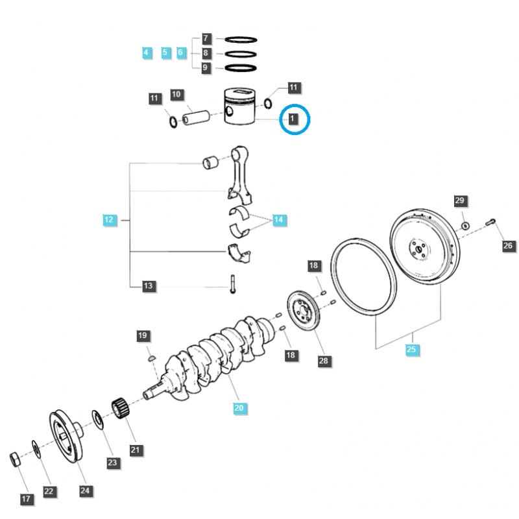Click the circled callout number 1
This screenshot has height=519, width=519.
pyautogui.click(x=293, y=119)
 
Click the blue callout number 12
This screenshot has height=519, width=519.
pyautogui.click(x=109, y=220)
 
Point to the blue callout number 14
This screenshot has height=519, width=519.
pyautogui.click(x=278, y=221)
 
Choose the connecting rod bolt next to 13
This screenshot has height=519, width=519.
pyautogui.click(x=231, y=285)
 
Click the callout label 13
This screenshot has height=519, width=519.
pyautogui.click(x=148, y=285)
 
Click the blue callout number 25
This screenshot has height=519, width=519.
pyautogui.click(x=411, y=350)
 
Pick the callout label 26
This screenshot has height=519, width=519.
pyautogui.click(x=507, y=246)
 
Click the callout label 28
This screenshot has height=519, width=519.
pyautogui.click(x=323, y=361)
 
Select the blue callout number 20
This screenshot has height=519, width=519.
pyautogui.click(x=239, y=408)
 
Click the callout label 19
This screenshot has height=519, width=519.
pyautogui.click(x=143, y=335)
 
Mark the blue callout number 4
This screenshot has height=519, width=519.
pyautogui.click(x=146, y=52)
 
